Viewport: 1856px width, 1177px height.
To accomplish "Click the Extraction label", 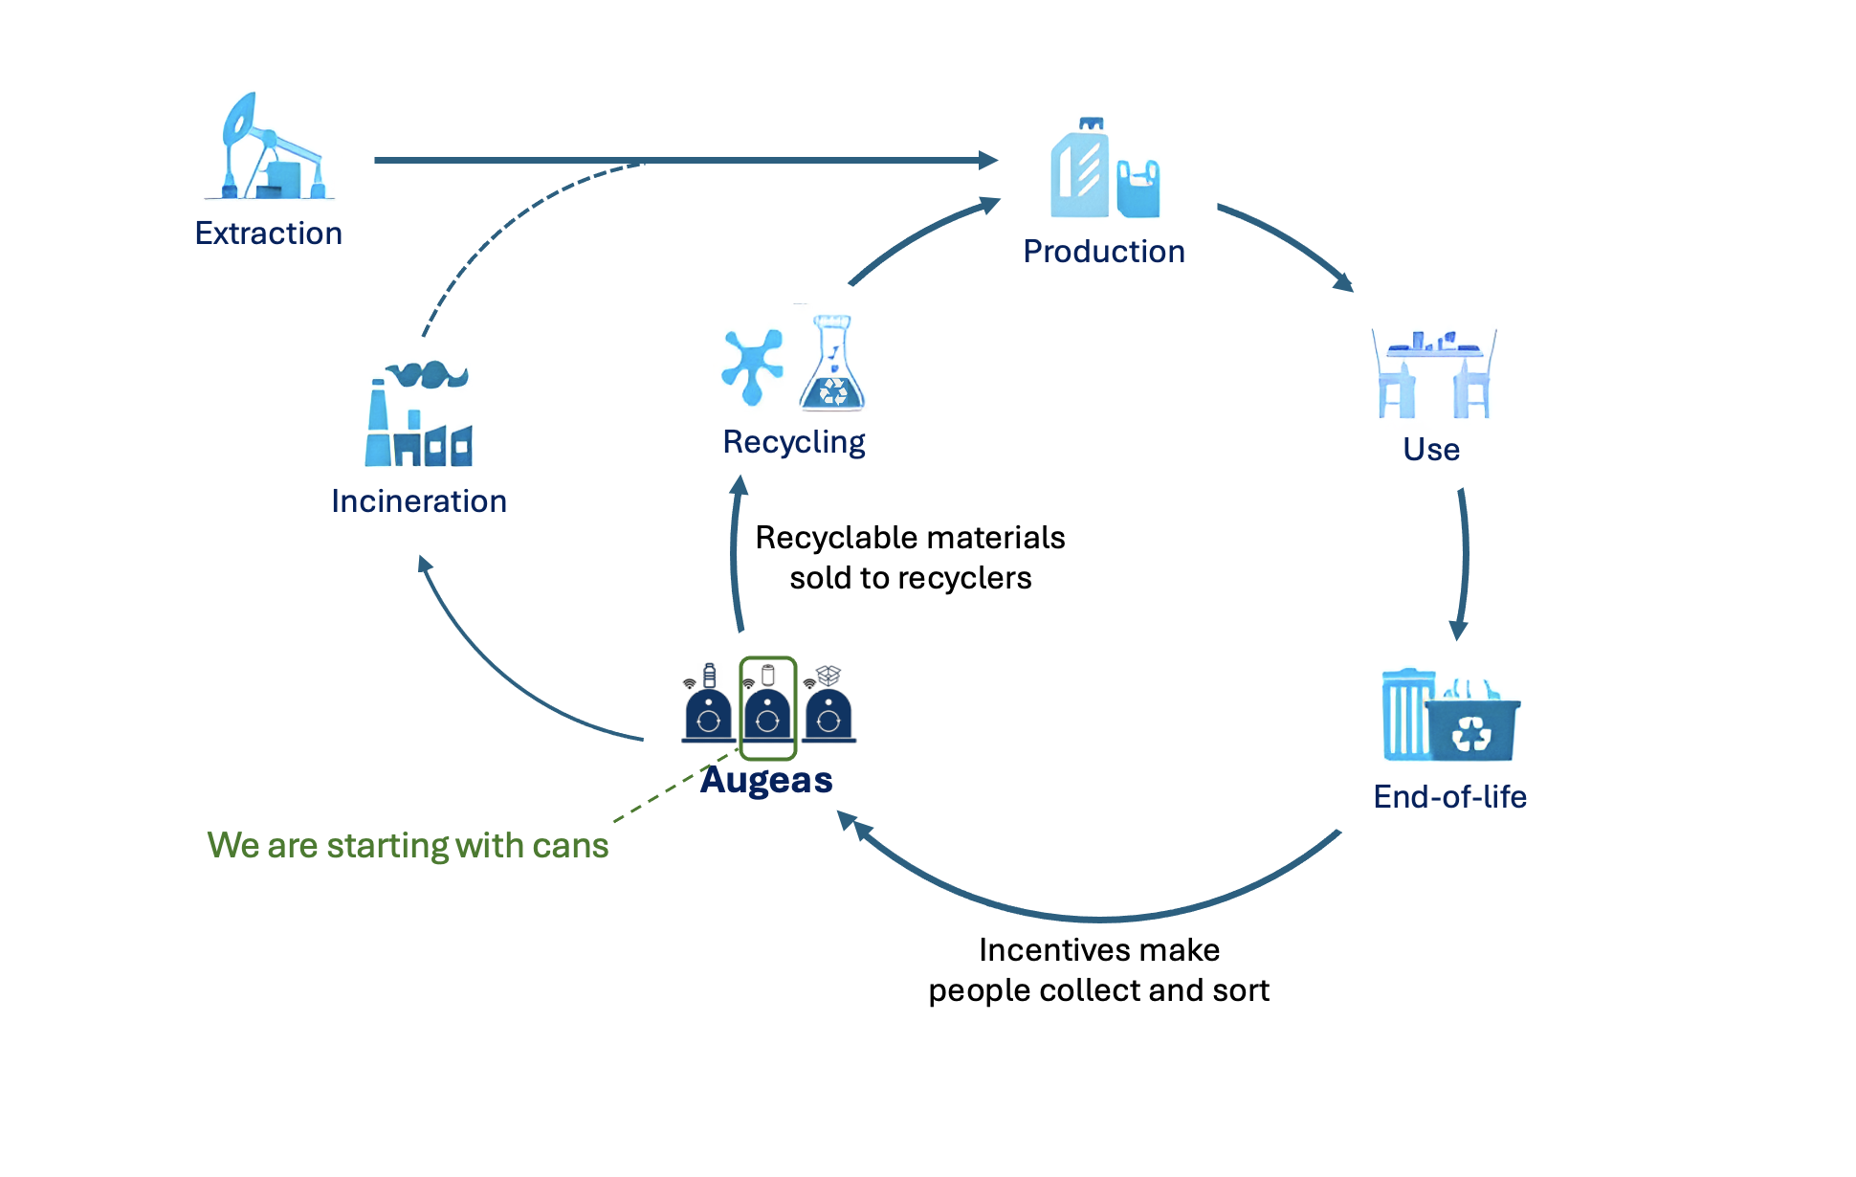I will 268,233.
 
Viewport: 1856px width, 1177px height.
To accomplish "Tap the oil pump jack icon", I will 269,148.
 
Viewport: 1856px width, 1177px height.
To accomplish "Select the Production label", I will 1104,252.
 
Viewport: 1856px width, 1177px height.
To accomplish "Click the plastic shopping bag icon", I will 1138,189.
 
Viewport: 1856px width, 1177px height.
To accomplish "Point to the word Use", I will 1431,450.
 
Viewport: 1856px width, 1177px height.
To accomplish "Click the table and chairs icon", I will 1434,375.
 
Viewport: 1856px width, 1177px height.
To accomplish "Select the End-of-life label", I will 1449,797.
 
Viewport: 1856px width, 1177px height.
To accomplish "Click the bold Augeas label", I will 766,781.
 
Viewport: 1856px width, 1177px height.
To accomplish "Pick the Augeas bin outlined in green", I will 767,708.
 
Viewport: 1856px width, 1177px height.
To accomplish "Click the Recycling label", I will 794,442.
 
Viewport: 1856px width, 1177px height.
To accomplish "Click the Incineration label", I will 419,501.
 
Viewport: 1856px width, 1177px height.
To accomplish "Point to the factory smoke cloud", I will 428,373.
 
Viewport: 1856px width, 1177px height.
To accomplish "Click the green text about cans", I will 408,846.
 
